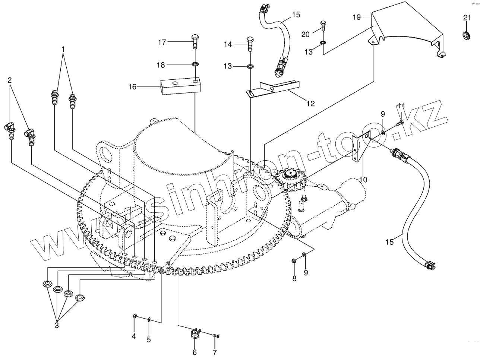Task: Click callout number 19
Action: click(x=356, y=17)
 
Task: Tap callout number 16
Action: click(x=133, y=87)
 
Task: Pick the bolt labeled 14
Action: click(x=250, y=44)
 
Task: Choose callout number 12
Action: click(x=310, y=104)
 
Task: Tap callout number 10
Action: click(x=363, y=180)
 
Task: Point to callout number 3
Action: click(x=57, y=325)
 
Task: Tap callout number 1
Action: click(x=63, y=49)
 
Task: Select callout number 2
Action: click(x=10, y=80)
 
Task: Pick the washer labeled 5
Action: click(x=149, y=319)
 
